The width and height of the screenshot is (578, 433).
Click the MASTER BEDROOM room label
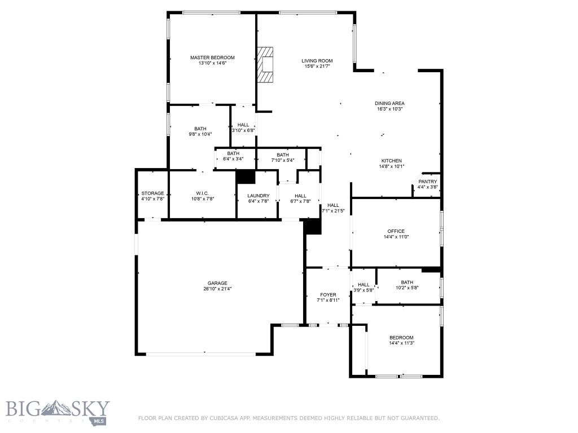[212, 58]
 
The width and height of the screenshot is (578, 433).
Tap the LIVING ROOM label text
[317, 61]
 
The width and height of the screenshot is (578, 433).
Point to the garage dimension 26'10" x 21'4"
[217, 289]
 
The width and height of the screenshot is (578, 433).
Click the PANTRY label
[427, 182]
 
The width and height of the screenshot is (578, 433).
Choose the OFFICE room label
[396, 231]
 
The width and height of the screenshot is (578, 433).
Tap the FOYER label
[328, 295]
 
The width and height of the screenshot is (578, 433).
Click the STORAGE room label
[152, 193]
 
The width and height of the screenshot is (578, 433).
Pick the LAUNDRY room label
[258, 196]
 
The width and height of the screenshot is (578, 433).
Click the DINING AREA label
[389, 103]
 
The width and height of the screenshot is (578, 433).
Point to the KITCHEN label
[391, 161]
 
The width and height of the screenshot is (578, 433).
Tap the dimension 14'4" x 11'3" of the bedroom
[401, 343]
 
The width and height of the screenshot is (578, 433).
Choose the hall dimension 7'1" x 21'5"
[333, 211]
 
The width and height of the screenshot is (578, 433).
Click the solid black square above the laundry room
[246, 176]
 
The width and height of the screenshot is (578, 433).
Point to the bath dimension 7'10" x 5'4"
[283, 160]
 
